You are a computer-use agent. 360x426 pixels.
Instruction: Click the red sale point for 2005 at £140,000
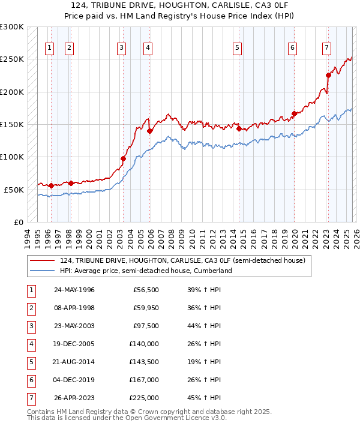(149, 130)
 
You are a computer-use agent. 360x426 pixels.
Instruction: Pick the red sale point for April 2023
(328, 75)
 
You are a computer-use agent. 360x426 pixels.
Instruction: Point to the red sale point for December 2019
(294, 113)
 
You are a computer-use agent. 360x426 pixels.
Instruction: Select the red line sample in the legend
(43, 260)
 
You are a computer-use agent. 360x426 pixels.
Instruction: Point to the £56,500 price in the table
(146, 290)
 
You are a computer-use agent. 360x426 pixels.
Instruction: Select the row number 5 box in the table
(30, 362)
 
